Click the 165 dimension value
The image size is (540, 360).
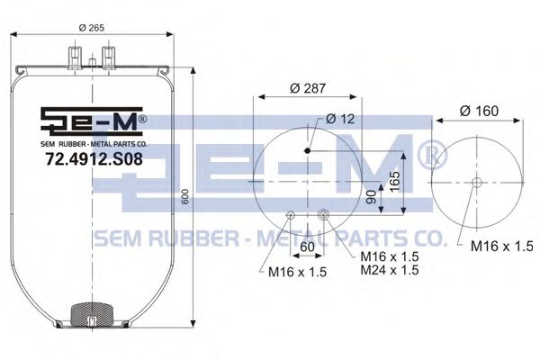393,183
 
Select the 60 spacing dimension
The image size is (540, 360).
306,245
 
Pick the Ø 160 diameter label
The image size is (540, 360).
479,111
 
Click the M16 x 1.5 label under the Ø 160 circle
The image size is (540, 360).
497,245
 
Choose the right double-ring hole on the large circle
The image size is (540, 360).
323,214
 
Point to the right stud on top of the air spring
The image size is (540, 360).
110,57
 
